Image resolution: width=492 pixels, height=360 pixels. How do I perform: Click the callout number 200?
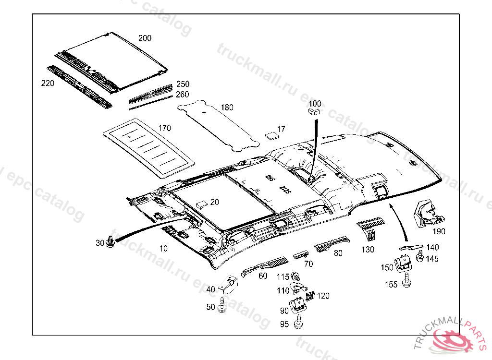point(145,38)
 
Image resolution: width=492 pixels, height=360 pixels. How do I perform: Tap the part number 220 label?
point(48,84)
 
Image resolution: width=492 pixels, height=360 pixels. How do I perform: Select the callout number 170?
point(165,128)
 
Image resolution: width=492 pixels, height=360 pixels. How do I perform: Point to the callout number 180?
point(227,107)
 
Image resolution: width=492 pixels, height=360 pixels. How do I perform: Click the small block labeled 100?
point(314,112)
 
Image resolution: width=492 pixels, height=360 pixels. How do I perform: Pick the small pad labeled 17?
point(272,135)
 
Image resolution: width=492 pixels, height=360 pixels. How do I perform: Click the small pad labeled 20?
point(202,203)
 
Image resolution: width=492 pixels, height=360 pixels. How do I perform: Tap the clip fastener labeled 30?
point(111,241)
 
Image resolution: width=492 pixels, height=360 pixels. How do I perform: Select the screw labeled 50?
point(222,307)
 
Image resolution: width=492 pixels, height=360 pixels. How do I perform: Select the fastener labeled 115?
point(296,277)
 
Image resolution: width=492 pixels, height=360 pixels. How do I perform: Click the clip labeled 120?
point(310,295)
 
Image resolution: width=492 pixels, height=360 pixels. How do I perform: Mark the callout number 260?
point(182,95)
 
